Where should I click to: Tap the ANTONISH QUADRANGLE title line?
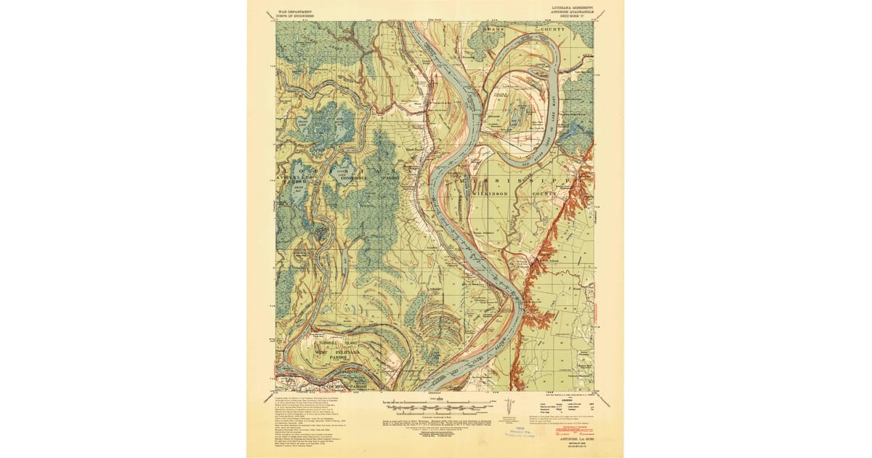pos(569,12)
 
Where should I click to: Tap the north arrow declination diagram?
pos(514,405)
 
